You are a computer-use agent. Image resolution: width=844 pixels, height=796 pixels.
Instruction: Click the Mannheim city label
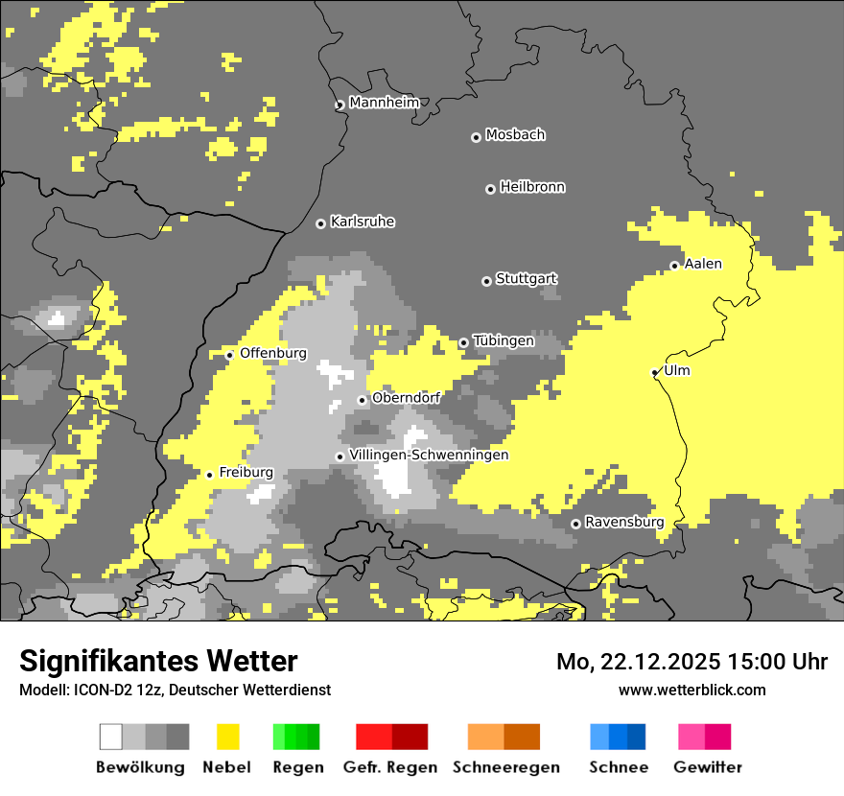tap(385, 103)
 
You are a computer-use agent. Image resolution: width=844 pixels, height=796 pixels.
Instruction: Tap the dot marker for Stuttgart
tap(486, 281)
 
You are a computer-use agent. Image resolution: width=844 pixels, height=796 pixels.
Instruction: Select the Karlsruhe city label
tap(363, 222)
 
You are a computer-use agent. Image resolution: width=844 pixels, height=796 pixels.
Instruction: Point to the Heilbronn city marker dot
tap(490, 189)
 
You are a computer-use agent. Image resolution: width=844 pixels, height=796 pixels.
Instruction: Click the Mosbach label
tap(515, 135)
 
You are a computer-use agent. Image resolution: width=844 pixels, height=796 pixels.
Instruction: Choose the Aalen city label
tap(703, 264)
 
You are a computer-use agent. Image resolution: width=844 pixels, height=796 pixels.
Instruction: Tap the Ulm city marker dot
tap(655, 372)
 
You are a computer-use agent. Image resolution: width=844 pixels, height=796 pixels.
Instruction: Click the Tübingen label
tap(504, 340)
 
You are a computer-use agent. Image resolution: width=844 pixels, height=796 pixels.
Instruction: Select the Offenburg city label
tap(273, 353)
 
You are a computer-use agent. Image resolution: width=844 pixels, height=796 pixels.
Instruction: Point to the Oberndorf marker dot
tap(363, 400)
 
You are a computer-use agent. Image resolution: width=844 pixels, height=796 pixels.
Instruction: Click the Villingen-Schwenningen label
tap(429, 455)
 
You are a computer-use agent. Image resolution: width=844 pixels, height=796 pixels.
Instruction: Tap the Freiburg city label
tap(246, 472)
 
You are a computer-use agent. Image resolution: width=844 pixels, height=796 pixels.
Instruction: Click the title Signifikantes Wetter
tap(158, 662)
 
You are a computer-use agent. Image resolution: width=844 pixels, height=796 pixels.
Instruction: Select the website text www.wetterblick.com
tap(692, 690)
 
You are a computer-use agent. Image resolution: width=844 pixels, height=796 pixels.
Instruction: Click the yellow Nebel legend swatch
tap(228, 737)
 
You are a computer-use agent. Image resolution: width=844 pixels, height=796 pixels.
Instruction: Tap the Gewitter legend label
tap(708, 767)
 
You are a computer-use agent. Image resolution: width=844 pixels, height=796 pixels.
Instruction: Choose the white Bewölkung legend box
tap(111, 737)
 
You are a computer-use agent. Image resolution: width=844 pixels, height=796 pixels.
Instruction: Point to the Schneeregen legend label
tap(506, 767)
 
